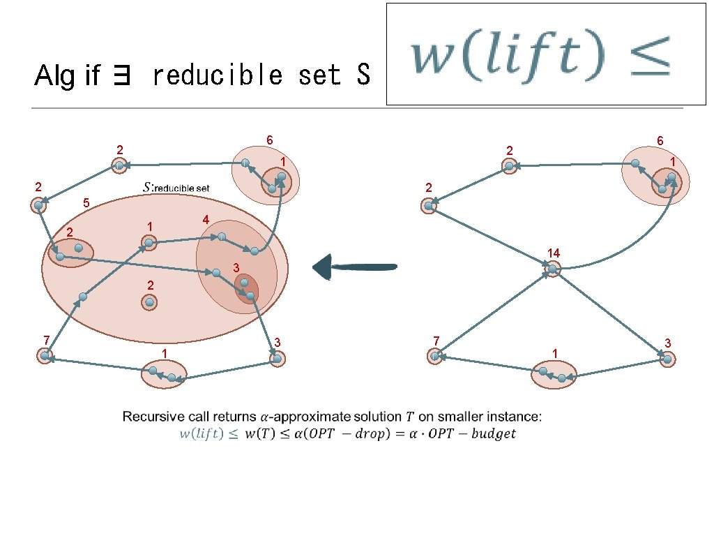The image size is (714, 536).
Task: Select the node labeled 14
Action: click(x=552, y=269)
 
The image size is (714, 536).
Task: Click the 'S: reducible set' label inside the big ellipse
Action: click(x=176, y=188)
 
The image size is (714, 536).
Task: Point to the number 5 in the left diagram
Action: click(x=86, y=204)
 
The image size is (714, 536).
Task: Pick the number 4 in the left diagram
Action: click(x=205, y=219)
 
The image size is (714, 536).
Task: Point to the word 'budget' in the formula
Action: click(x=492, y=433)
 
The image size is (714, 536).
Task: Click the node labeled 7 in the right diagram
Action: click(x=435, y=356)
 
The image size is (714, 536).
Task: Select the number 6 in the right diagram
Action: click(x=660, y=141)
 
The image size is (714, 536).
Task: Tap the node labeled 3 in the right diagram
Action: click(x=667, y=359)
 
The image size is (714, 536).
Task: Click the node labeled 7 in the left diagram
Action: click(x=45, y=355)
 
